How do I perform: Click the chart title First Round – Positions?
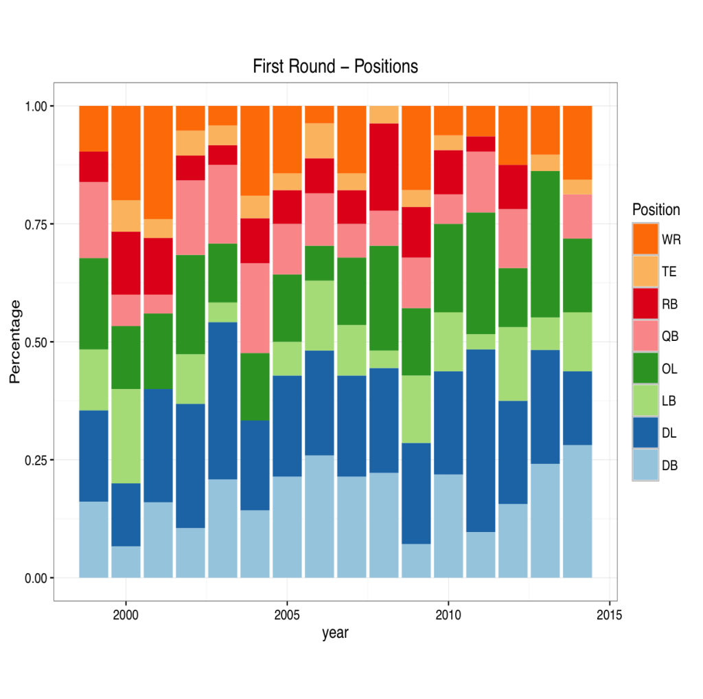coord(335,67)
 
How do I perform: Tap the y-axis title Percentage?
coord(15,341)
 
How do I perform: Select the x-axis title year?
coord(335,633)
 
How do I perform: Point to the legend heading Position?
coord(656,210)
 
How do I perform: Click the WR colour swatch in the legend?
coord(645,239)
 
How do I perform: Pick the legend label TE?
coord(669,271)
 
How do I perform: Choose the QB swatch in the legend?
coord(645,336)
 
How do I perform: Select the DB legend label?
coord(669,465)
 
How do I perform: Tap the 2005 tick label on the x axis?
coord(287,614)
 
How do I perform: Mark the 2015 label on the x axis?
coord(610,614)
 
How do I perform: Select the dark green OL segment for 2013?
coord(545,244)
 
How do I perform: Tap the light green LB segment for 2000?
coord(126,436)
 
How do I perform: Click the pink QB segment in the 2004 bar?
coord(255,308)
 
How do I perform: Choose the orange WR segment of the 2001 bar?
coord(158,162)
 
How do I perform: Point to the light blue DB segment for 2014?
coord(577,511)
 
